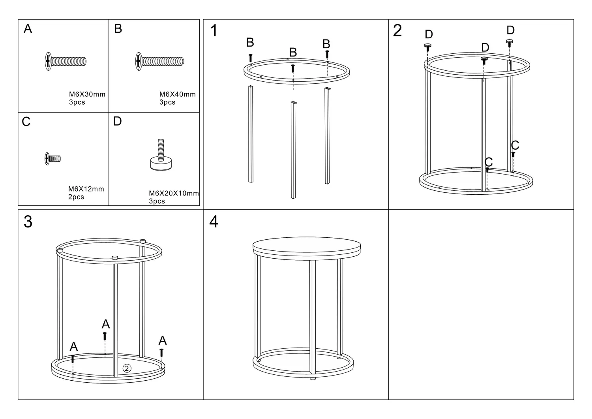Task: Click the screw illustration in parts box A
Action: pyautogui.click(x=66, y=61)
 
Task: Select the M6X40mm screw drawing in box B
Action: pyautogui.click(x=159, y=61)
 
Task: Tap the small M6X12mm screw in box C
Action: pyautogui.click(x=52, y=158)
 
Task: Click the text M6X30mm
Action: pyautogui.click(x=87, y=94)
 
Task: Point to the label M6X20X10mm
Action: pyautogui.click(x=174, y=193)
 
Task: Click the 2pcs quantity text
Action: pyautogui.click(x=76, y=197)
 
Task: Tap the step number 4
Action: pyautogui.click(x=214, y=222)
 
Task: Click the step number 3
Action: pyautogui.click(x=28, y=222)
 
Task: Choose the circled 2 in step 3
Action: pyautogui.click(x=127, y=368)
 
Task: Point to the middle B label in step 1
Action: pyautogui.click(x=293, y=52)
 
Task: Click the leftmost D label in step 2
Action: pyautogui.click(x=429, y=34)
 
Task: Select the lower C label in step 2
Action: pyautogui.click(x=489, y=162)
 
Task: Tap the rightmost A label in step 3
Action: pyautogui.click(x=163, y=340)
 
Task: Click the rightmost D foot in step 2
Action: pyautogui.click(x=509, y=43)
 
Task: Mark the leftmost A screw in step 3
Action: pyautogui.click(x=73, y=359)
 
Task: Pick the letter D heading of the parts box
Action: pyautogui.click(x=117, y=121)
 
